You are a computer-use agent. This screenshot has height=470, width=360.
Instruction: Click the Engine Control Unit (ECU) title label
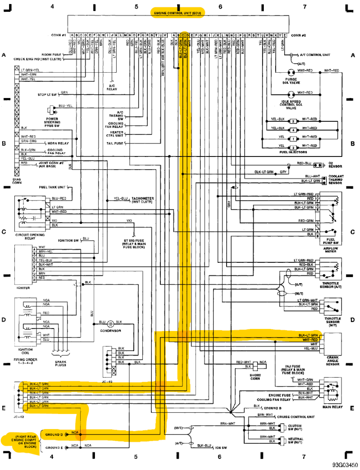click(x=177, y=13)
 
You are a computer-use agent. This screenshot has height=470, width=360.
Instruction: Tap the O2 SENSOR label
click(x=335, y=165)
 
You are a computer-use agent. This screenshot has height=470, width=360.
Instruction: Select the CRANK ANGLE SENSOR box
click(x=333, y=342)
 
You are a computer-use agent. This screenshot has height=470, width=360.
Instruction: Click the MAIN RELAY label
click(x=333, y=407)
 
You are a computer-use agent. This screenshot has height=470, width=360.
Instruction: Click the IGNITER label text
click(x=23, y=288)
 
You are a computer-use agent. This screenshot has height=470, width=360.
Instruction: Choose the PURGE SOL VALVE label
click(x=291, y=81)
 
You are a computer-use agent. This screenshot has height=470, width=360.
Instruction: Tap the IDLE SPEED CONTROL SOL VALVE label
click(x=291, y=105)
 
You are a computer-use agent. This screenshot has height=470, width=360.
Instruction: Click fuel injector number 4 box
click(x=293, y=130)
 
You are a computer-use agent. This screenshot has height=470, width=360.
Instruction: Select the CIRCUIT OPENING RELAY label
click(x=30, y=236)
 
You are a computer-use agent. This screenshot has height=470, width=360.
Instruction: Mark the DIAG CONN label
click(x=17, y=181)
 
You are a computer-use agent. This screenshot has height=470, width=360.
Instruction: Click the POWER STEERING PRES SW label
click(x=52, y=122)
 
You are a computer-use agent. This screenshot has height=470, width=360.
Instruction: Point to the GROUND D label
click(x=54, y=435)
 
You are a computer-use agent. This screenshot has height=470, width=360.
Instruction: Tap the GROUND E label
click(x=54, y=448)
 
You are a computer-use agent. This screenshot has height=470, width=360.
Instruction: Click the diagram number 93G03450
click(x=345, y=465)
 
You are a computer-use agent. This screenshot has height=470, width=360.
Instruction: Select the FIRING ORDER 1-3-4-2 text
click(x=25, y=361)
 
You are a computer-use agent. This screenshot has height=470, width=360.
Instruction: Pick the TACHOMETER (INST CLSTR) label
click(x=142, y=200)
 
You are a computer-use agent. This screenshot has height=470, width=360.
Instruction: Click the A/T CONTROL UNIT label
click(x=315, y=55)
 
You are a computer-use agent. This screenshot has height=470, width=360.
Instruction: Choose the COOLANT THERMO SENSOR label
click(x=336, y=179)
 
